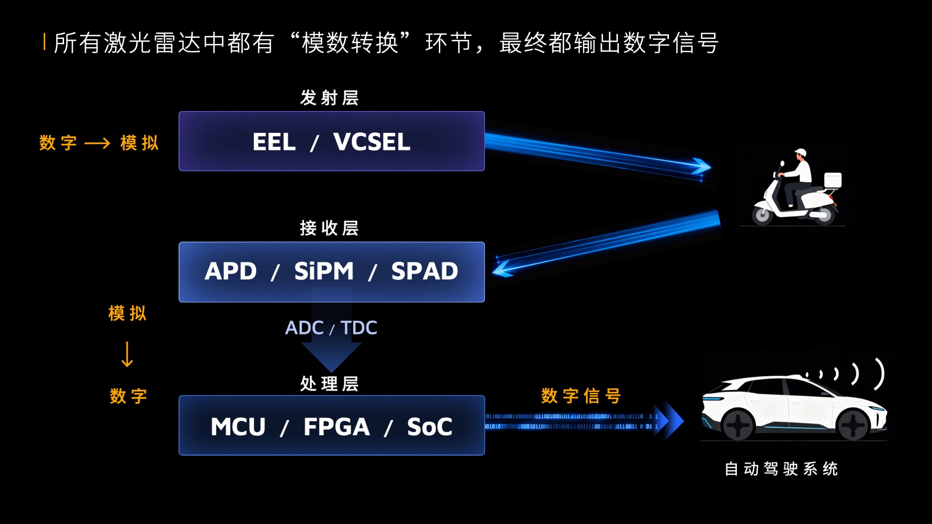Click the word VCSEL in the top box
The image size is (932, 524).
[x=371, y=142]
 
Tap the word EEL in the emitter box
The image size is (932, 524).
[x=274, y=142]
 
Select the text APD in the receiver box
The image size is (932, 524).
[x=231, y=271]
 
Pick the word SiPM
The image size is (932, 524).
[x=324, y=271]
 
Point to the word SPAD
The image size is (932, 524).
[x=424, y=271]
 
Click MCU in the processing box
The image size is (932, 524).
[x=238, y=427]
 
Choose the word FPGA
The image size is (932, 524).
[x=336, y=427]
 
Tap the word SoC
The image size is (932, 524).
[x=429, y=427]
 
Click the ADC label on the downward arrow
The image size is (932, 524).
[x=304, y=328]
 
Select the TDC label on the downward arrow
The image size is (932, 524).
[x=359, y=328]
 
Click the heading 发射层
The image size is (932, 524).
[x=329, y=98]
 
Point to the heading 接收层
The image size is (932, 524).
[x=329, y=228]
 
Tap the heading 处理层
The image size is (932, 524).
[x=329, y=384]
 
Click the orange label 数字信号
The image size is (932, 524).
[x=581, y=396]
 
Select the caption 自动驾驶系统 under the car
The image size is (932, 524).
[x=781, y=469]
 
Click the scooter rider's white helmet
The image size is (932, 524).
[x=800, y=153]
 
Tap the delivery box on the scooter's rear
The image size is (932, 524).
[x=833, y=180]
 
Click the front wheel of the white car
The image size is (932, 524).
[x=738, y=426]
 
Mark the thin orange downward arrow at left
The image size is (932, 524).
[x=127, y=354]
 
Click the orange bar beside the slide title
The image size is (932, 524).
[x=44, y=42]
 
